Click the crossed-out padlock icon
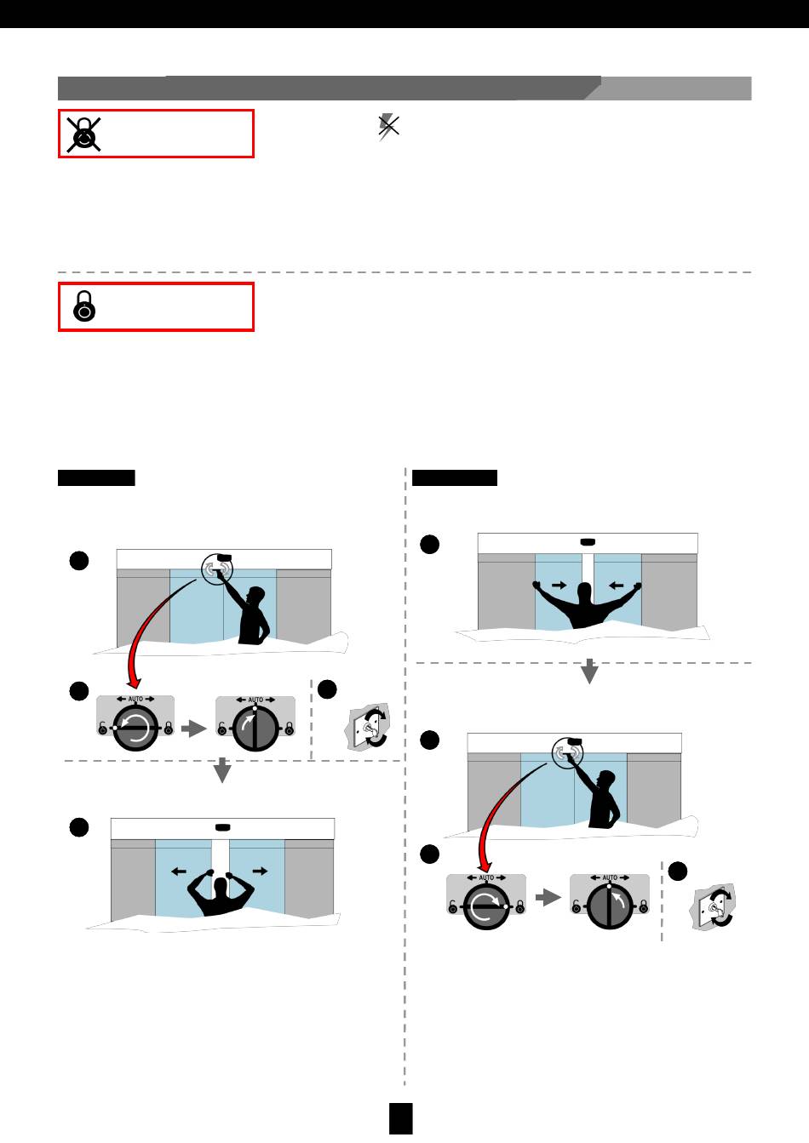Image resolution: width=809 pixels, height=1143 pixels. point(83,134)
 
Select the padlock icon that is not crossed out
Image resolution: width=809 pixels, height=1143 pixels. point(84,306)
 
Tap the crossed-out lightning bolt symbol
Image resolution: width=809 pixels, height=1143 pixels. point(388,127)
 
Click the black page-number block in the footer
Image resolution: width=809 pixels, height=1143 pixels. point(401,1118)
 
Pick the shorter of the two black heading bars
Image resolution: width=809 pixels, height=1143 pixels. point(96,477)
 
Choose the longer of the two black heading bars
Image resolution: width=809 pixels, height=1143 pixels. point(454,477)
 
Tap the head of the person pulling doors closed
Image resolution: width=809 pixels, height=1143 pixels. point(584,594)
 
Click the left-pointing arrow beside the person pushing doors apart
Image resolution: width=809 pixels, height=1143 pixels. point(179,871)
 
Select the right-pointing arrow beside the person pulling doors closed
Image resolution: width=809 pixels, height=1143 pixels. point(559,586)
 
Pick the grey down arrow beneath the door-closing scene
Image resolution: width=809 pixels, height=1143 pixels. point(589,671)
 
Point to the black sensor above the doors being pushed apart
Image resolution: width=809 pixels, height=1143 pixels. point(222,827)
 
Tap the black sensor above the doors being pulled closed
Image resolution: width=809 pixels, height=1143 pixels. point(588,542)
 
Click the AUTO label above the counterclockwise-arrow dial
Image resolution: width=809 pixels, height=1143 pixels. point(135,699)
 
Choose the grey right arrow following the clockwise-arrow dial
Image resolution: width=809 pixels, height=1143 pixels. point(548,897)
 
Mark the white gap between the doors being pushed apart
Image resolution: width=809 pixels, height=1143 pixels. point(221,857)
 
